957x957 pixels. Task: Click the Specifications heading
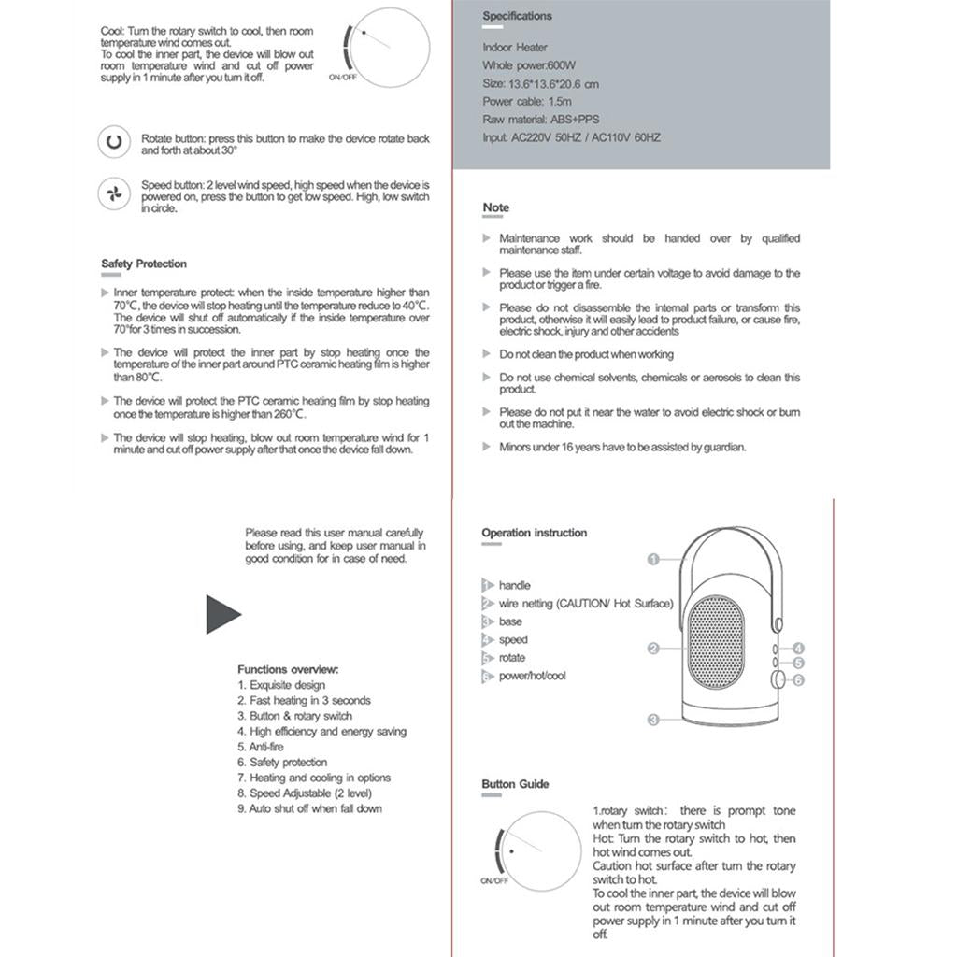[517, 16]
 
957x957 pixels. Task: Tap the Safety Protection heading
[144, 264]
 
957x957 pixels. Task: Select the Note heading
[496, 207]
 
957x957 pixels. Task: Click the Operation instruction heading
[535, 533]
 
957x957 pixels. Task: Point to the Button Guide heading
[516, 784]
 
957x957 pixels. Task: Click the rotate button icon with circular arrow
[114, 143]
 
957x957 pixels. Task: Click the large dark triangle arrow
[222, 614]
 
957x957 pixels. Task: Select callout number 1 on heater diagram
[653, 559]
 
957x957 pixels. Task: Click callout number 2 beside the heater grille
[653, 648]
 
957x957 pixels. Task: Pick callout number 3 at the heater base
[653, 719]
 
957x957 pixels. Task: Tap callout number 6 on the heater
[798, 680]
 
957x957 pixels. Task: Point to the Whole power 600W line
[529, 65]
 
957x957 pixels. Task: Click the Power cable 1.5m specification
[527, 101]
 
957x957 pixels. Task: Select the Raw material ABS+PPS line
[541, 120]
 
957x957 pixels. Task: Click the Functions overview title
[288, 669]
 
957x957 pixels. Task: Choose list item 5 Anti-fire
[261, 747]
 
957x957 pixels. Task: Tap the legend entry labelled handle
[514, 585]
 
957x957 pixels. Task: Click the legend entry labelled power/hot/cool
[532, 676]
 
